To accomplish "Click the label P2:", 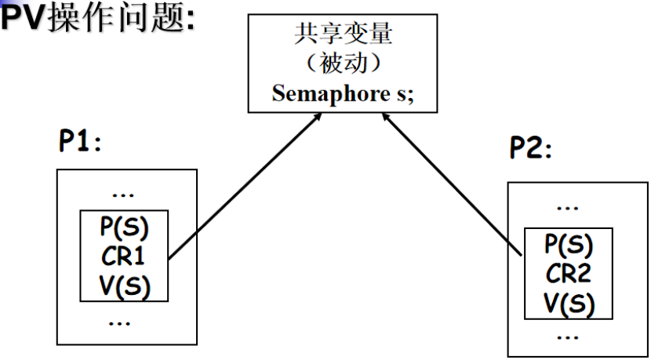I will coord(531,147).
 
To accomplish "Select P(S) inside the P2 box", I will coord(569,245).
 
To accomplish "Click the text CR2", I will coord(569,274).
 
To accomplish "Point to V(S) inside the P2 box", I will coord(569,302).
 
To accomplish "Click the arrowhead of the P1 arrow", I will coord(318,118).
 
